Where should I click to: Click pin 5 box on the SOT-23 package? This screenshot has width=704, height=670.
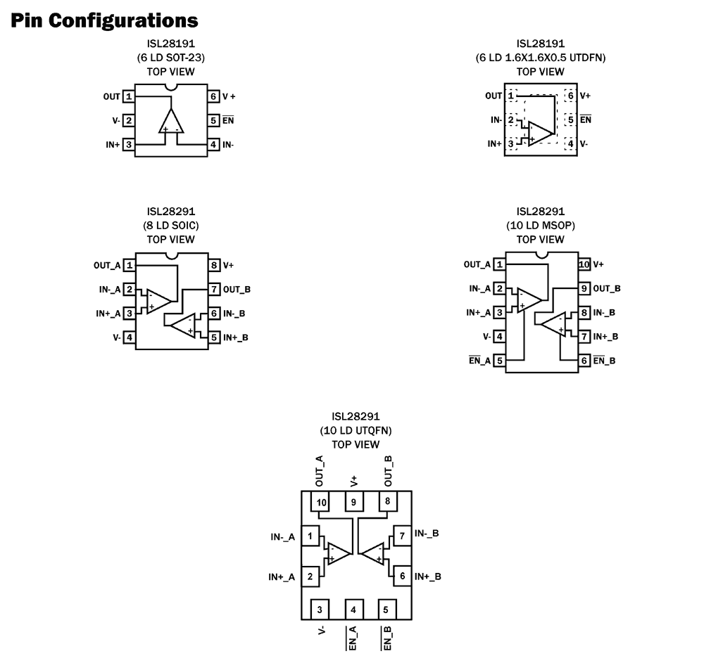click(213, 120)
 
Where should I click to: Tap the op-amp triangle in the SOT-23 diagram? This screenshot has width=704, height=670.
click(171, 122)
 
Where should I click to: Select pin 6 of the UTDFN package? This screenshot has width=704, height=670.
click(570, 96)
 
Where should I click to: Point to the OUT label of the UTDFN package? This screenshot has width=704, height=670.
click(494, 96)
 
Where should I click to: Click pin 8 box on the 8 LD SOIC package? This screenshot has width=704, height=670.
click(213, 265)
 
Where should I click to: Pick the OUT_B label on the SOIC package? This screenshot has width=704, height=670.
click(236, 289)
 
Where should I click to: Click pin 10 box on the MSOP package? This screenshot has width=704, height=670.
click(584, 264)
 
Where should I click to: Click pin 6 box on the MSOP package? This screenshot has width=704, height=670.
click(584, 361)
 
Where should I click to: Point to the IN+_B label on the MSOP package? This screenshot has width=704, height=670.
click(606, 337)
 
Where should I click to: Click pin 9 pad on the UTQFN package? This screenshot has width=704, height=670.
click(353, 502)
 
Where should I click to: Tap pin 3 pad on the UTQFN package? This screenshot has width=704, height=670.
click(320, 609)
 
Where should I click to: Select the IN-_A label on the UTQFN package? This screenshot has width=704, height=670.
click(282, 536)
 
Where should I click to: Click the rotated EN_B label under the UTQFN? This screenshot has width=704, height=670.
click(387, 637)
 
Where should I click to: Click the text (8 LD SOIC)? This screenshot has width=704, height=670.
click(171, 226)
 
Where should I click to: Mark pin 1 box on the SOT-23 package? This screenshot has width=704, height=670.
click(129, 96)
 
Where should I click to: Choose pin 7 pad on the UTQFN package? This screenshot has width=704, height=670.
click(402, 536)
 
